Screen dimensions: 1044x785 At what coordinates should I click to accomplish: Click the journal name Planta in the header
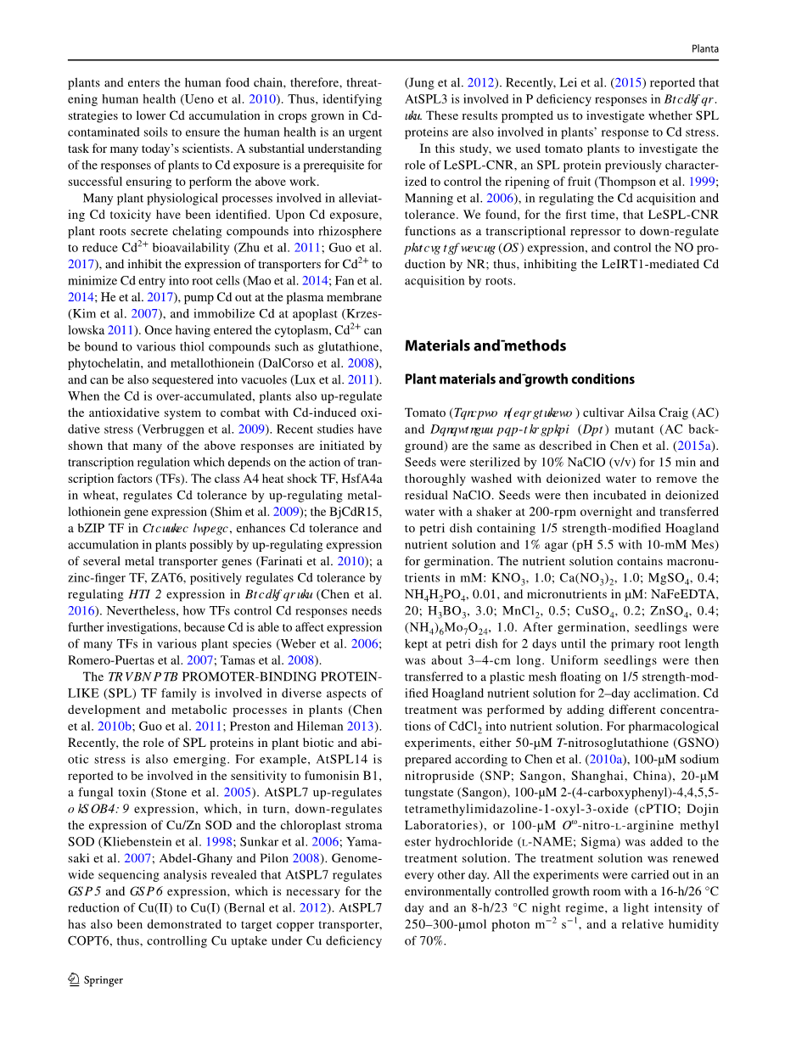(704, 49)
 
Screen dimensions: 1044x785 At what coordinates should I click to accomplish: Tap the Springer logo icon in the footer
(74, 979)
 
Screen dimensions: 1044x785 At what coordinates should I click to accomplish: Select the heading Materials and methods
(485, 345)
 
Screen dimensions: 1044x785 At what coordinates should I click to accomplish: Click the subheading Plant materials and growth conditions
(519, 379)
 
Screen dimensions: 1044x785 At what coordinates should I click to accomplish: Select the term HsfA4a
(355, 479)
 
